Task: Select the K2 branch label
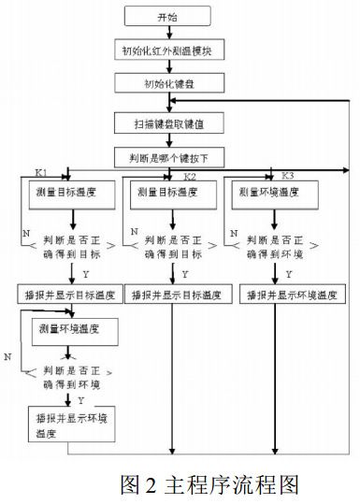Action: click(190, 176)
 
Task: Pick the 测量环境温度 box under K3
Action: click(278, 194)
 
